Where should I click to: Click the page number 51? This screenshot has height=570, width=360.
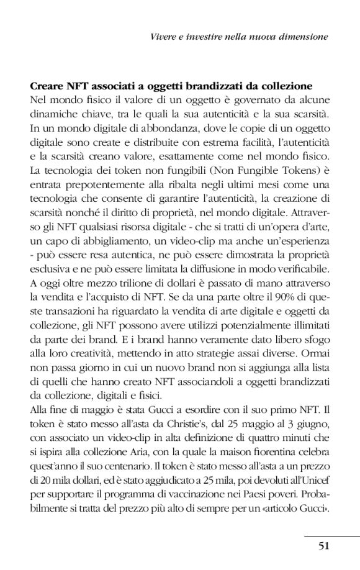pos(323,546)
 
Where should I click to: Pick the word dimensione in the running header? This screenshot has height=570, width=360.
pos(306,37)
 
